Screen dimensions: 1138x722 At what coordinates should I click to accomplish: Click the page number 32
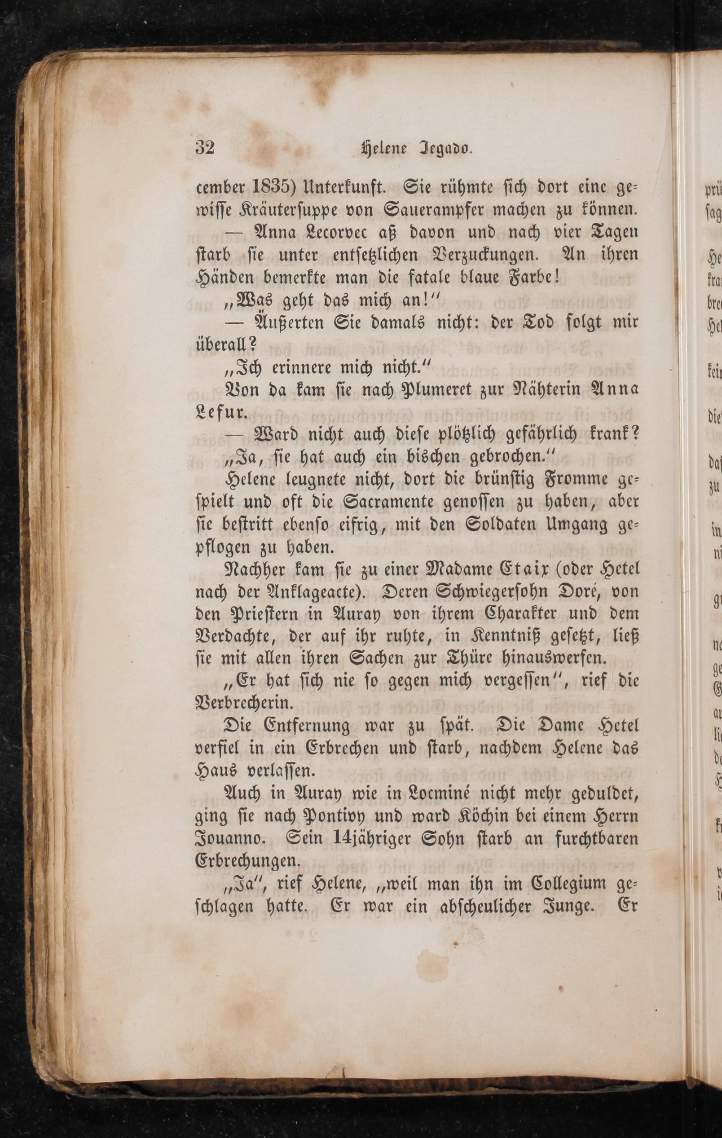pos(205,148)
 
